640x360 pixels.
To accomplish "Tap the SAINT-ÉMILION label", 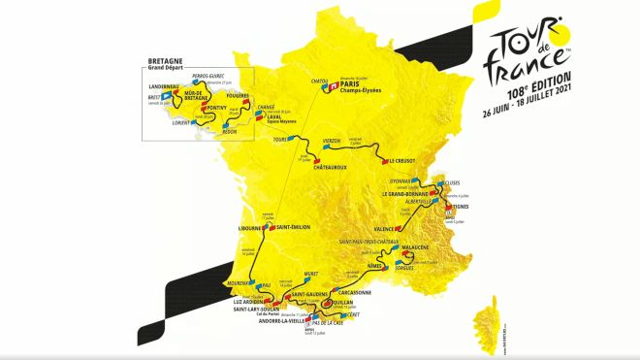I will click(293, 227).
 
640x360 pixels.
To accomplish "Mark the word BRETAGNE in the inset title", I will click(161, 59).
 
